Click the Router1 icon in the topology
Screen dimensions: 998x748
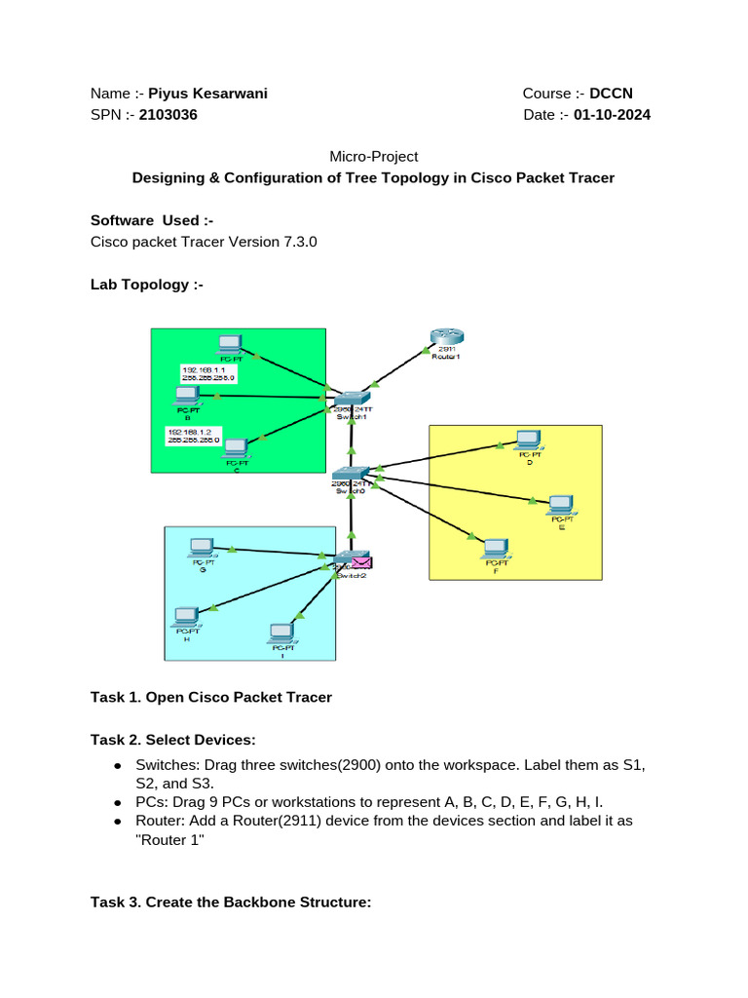tap(445, 338)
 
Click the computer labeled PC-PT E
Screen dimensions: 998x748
tap(560, 505)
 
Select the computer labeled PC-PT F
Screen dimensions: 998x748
tap(496, 548)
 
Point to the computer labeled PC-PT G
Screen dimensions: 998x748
tap(202, 548)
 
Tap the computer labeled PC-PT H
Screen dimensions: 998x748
tap(184, 617)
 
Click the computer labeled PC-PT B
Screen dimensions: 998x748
tap(186, 396)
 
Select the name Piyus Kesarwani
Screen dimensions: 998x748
tap(207, 94)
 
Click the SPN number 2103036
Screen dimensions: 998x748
tap(168, 115)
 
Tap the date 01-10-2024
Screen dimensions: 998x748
tap(612, 115)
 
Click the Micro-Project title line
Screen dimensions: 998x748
tap(373, 156)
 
